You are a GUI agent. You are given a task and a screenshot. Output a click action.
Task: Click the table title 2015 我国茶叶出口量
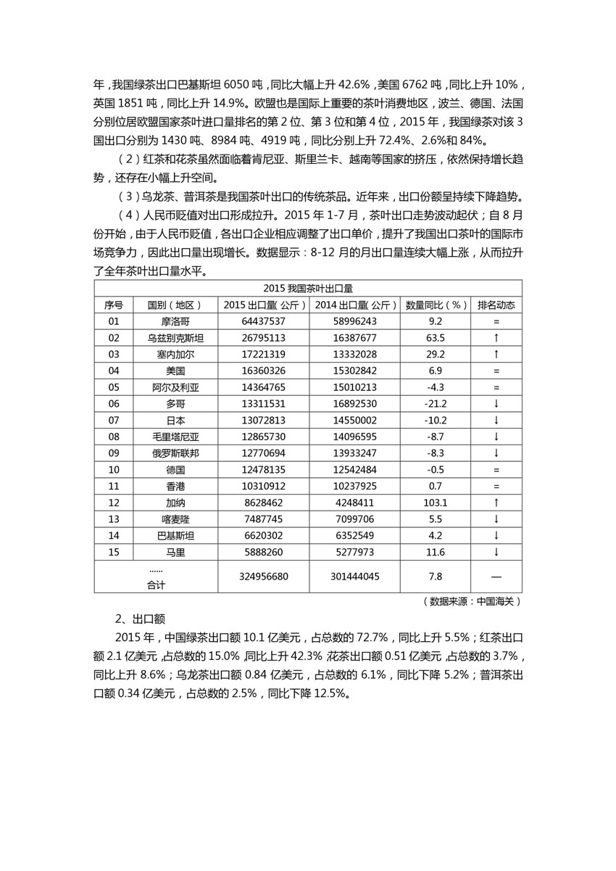[x=307, y=288]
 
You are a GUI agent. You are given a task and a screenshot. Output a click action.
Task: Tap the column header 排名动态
[x=496, y=305]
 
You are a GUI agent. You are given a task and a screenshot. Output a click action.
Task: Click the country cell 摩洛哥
[x=176, y=321]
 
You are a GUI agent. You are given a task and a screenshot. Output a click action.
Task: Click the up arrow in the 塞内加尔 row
[x=496, y=355]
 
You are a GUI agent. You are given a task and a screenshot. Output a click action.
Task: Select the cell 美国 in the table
[x=176, y=371]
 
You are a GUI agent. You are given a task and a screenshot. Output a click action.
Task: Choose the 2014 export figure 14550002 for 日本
[x=352, y=421]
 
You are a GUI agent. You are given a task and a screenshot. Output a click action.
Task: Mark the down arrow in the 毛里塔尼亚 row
[x=496, y=437]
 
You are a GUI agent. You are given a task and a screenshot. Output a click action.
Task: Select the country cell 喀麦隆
[x=176, y=519]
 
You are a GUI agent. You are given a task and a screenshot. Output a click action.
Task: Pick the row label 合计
[x=155, y=584]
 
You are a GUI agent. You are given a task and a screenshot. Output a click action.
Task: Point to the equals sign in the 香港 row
[x=496, y=486]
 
